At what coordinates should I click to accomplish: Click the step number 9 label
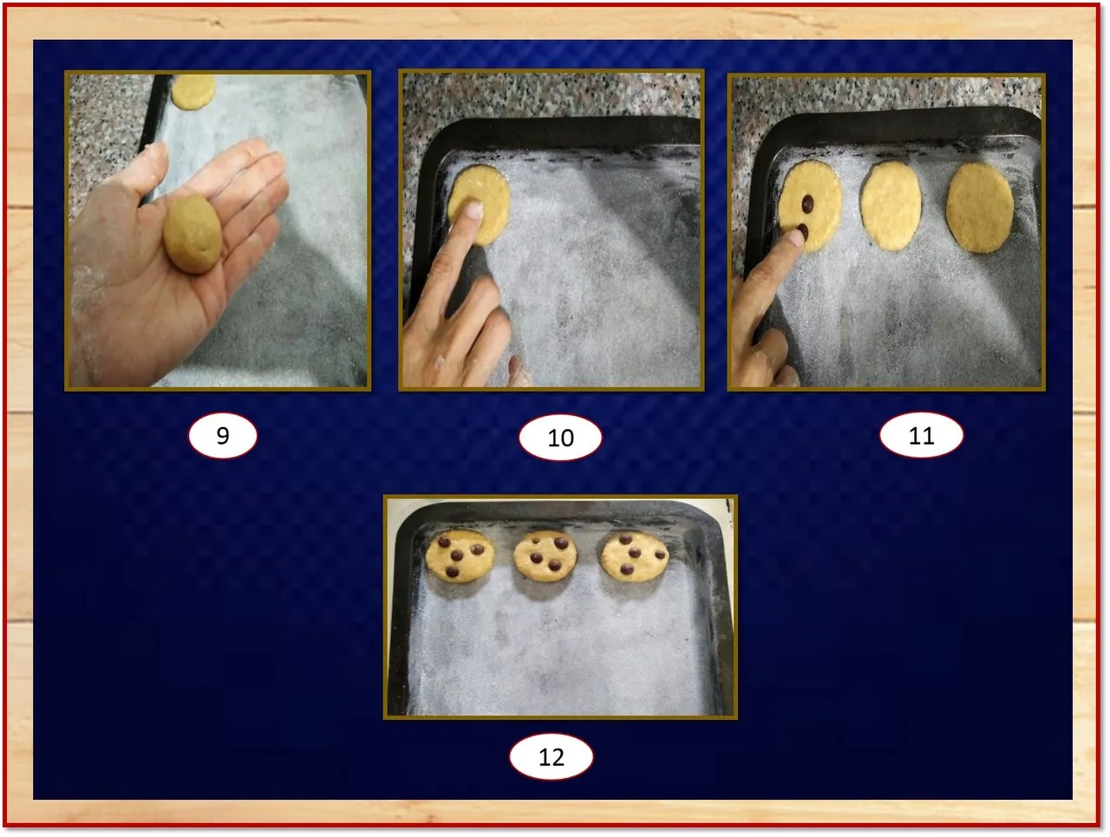click(x=223, y=436)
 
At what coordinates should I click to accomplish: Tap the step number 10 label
click(x=560, y=438)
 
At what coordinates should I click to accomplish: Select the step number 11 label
click(x=921, y=436)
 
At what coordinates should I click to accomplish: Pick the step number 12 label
click(x=552, y=757)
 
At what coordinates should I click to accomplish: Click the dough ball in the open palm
click(x=193, y=235)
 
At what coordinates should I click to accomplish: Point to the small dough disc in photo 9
click(x=193, y=91)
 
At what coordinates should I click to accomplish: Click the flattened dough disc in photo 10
click(x=479, y=204)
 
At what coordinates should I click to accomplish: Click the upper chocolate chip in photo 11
click(x=807, y=204)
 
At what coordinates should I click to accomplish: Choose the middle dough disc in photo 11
click(x=891, y=206)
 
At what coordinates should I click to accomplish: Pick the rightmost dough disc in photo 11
click(x=980, y=207)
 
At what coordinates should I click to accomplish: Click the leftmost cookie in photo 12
click(x=459, y=556)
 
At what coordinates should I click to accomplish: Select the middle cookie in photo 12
click(x=545, y=556)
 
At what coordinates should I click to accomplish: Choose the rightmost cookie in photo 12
click(x=635, y=556)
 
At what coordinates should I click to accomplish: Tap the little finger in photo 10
click(x=519, y=371)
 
